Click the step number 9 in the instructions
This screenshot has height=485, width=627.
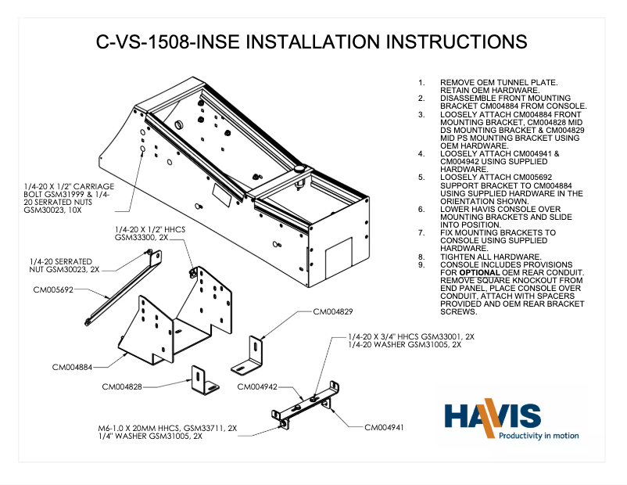[x=421, y=264]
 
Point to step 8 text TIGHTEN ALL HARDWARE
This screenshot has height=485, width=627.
[x=489, y=257]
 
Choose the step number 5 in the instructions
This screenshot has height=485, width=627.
[x=421, y=177]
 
